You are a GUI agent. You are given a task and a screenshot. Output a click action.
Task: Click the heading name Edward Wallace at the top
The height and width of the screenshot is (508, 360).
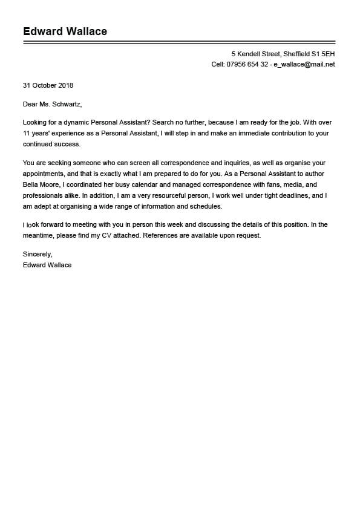tap(65, 31)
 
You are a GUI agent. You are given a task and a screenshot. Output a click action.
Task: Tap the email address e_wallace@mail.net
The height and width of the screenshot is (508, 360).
tap(304, 64)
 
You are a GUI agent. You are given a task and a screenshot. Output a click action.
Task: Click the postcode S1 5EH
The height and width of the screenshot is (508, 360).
tap(324, 54)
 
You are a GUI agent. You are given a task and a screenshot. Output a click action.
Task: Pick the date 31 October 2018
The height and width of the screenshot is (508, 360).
tap(48, 85)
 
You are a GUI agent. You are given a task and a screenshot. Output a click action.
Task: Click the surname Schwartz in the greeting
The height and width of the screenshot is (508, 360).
tap(65, 104)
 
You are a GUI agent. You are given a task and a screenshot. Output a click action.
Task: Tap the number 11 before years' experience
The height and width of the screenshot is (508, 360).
tap(26, 134)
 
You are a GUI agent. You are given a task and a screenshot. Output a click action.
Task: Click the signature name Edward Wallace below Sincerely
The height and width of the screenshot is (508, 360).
tap(47, 265)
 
